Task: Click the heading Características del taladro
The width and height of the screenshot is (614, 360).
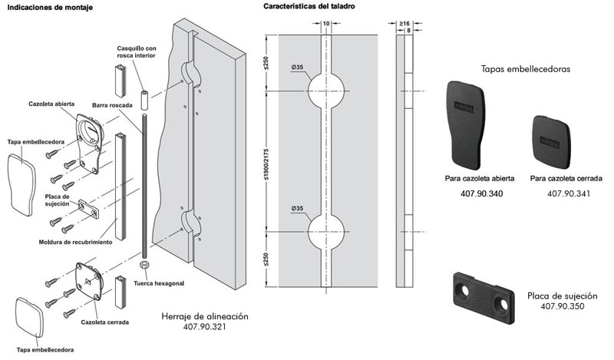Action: click(x=310, y=6)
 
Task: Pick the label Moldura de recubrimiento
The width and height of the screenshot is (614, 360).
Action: click(x=76, y=243)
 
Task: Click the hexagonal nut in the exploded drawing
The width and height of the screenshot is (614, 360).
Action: click(x=144, y=263)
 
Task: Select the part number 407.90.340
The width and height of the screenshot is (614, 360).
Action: click(x=478, y=193)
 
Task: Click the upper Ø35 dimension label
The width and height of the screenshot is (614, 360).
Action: click(x=297, y=68)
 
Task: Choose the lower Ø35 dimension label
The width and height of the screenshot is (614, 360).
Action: click(x=297, y=208)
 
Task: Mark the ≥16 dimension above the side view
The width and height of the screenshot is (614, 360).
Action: click(x=404, y=23)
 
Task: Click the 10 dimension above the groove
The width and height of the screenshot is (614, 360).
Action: click(x=326, y=24)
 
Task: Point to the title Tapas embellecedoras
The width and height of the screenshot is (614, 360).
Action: click(x=524, y=68)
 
